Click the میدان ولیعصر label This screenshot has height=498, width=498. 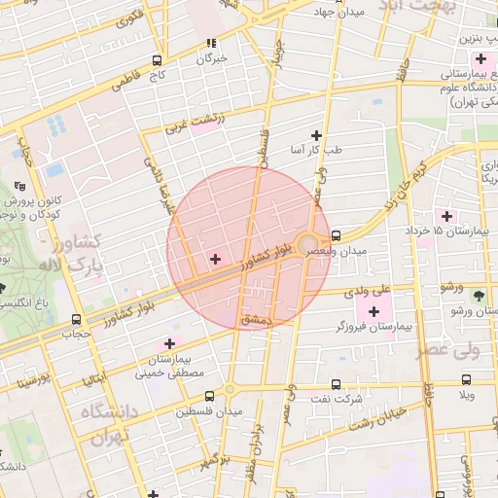(x=339, y=252)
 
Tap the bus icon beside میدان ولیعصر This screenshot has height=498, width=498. (x=336, y=235)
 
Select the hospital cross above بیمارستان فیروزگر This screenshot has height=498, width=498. (x=373, y=311)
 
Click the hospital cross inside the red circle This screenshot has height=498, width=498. (x=215, y=259)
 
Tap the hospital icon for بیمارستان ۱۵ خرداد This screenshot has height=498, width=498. (x=447, y=215)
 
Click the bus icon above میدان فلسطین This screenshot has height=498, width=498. (x=210, y=396)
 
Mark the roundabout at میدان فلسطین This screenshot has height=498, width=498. (x=230, y=390)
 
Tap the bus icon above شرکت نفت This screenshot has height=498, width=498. (x=337, y=384)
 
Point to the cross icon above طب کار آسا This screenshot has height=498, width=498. (x=315, y=135)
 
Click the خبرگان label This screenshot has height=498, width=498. (x=211, y=58)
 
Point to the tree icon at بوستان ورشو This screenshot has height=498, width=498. (x=478, y=295)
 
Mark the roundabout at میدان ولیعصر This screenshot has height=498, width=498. (x=308, y=243)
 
